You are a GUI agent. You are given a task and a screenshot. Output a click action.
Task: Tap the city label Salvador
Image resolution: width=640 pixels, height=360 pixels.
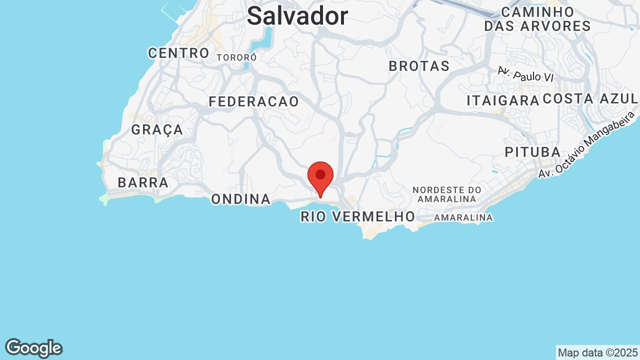coord(297,16)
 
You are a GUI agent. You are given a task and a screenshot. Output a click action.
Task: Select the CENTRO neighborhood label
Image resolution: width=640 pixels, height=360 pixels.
coord(178,53)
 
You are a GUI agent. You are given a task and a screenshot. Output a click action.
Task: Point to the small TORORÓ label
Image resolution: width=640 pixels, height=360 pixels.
coord(236,58)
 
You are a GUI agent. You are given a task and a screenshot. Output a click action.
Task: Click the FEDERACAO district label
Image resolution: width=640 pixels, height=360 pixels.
coord(253,102)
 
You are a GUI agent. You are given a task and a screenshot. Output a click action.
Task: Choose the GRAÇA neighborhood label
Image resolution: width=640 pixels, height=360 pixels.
coord(157,130)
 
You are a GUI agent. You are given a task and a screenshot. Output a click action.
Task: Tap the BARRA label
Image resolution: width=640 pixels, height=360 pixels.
coord(143,183)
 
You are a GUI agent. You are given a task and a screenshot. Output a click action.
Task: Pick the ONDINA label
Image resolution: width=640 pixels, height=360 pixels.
coord(240,199)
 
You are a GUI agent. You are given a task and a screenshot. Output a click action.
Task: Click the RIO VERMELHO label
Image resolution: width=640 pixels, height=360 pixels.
coord(357,217)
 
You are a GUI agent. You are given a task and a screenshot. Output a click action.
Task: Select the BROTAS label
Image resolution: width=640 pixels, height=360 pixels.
coord(419,66)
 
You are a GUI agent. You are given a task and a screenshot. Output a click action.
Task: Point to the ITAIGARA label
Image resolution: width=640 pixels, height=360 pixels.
coord(503,100)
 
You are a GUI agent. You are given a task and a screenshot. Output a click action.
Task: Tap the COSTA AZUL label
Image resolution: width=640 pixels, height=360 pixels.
coord(590,99)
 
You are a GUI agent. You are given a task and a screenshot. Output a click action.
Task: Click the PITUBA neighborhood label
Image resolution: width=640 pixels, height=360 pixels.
coord(532,152)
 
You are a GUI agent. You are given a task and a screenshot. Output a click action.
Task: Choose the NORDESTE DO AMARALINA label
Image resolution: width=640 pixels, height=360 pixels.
coord(447,194)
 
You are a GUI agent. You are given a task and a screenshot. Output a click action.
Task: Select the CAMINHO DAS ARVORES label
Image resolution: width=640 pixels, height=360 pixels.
coord(537,19)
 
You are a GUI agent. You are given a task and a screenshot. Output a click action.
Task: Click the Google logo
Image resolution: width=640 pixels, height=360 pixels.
coord(33,348)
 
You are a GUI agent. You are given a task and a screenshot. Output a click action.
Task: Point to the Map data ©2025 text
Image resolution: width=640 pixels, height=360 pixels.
coord(597,352)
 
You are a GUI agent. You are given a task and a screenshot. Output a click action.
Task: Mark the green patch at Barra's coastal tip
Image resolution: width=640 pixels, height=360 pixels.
coord(104,199)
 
